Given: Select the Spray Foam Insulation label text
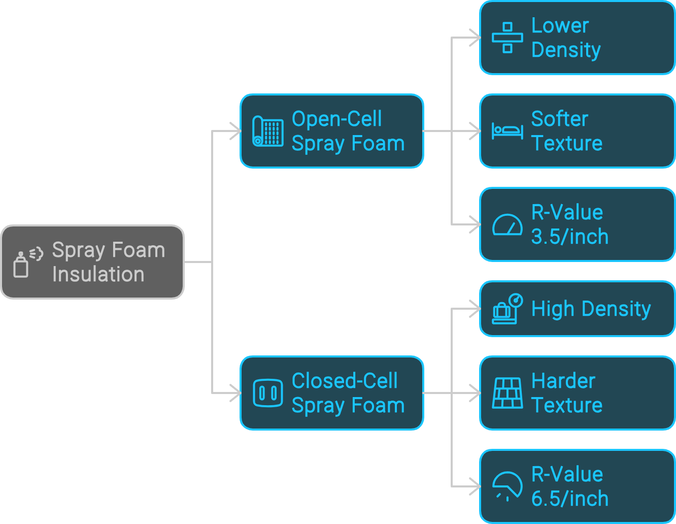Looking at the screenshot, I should tap(108, 262).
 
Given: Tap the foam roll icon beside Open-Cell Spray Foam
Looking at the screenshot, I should tap(268, 132).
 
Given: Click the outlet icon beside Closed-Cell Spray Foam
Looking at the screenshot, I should tap(268, 393).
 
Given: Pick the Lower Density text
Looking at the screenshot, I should tap(565, 38).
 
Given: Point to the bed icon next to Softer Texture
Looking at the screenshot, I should tap(507, 131).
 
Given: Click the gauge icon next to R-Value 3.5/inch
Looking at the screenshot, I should tap(508, 225).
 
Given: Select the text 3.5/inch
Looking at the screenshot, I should tap(569, 237).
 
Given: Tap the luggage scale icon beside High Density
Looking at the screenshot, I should tap(508, 309).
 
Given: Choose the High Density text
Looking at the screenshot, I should tap(591, 309).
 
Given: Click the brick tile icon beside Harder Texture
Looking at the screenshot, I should tap(508, 393).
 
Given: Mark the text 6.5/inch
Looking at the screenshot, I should tap(569, 499).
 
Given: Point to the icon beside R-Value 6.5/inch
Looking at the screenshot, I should tap(508, 486).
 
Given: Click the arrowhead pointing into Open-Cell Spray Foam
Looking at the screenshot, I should tap(235, 131).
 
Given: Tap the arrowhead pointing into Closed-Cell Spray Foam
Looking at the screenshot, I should tap(235, 393).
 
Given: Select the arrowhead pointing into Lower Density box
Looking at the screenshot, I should tap(475, 38).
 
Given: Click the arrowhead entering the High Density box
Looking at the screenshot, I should tap(475, 309).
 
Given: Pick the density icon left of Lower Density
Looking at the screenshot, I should tap(507, 38).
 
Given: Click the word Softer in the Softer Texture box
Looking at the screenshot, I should tap(559, 119).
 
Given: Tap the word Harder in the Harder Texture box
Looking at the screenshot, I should tap(563, 381).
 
